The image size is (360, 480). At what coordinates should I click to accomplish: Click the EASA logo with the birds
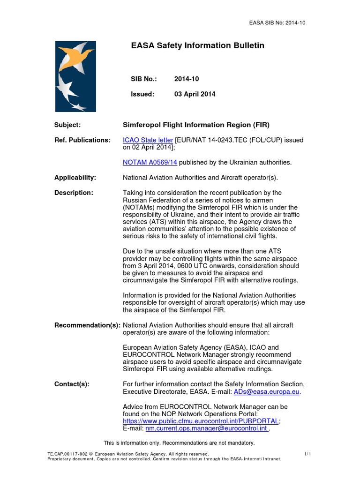[75, 76]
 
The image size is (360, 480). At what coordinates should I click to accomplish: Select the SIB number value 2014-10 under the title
[187, 79]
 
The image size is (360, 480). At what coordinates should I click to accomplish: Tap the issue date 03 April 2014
[195, 94]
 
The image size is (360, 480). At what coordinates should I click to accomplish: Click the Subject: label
[67, 125]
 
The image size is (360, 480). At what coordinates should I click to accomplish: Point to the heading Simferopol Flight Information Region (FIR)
[196, 125]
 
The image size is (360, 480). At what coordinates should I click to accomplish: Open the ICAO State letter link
[148, 140]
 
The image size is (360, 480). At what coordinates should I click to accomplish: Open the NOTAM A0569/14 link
[150, 162]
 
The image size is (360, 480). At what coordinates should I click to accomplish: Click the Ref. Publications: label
[82, 140]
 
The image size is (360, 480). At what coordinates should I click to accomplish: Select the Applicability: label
[75, 177]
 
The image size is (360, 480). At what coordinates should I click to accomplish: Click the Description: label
[74, 193]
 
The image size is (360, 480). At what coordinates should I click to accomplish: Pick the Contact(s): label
[72, 384]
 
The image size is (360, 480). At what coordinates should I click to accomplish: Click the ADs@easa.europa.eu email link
[267, 391]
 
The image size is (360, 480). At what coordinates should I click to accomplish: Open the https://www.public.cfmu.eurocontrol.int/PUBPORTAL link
[201, 421]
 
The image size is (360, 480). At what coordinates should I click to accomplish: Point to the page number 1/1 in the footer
[307, 454]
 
